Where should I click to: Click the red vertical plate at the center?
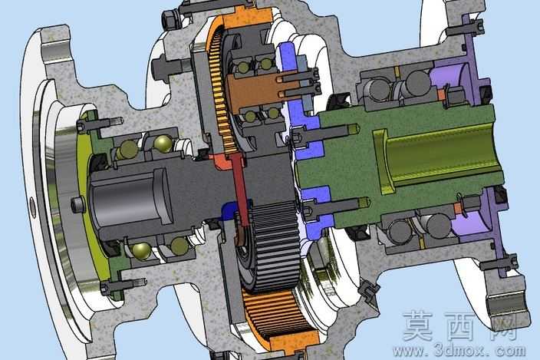240,190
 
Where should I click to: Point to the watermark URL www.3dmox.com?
459,351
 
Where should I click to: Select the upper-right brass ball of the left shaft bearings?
163,144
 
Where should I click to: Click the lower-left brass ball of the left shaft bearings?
142,251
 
